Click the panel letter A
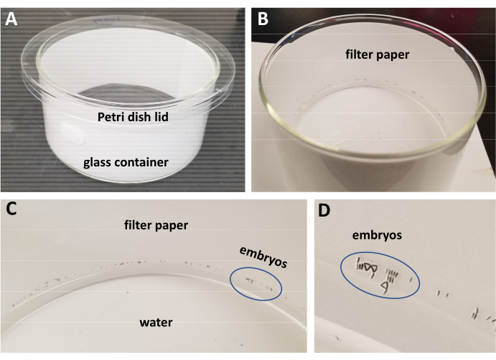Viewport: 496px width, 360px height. (12, 19)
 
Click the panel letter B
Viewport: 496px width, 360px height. (263, 19)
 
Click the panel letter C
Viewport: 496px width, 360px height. (12, 210)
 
